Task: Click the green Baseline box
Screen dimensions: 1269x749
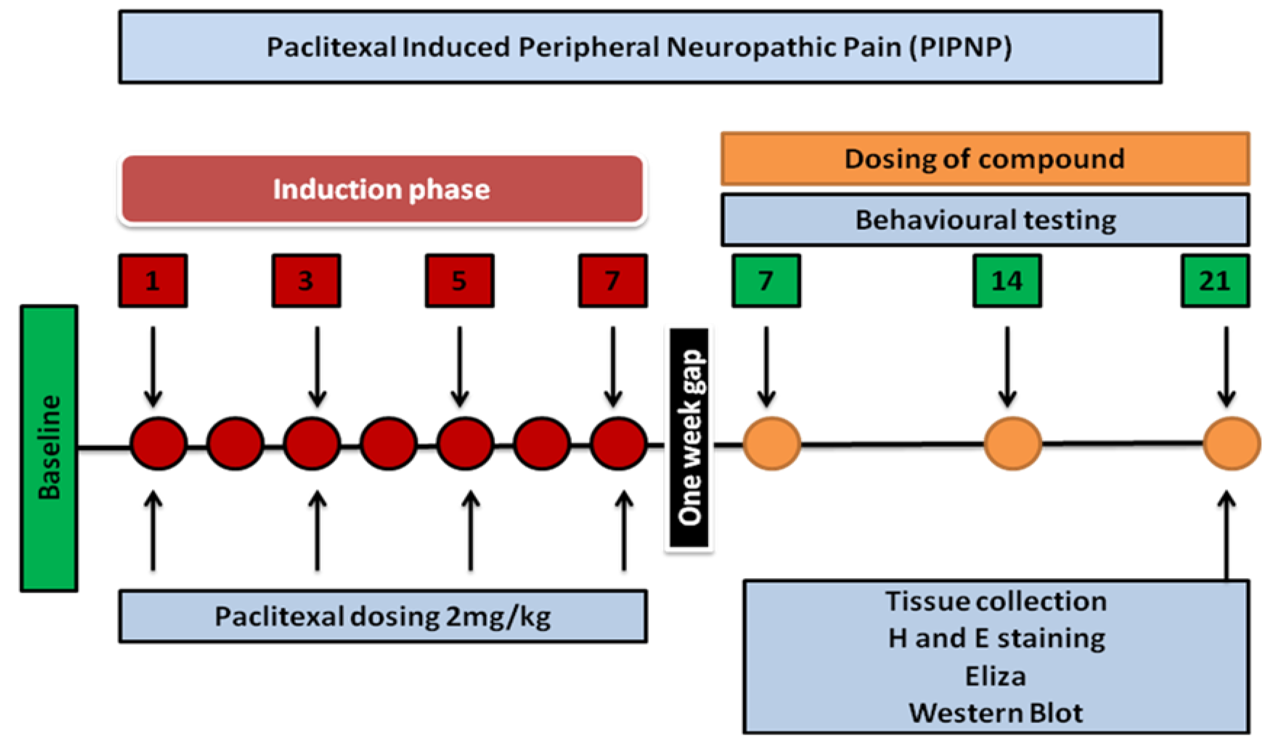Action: click(49, 448)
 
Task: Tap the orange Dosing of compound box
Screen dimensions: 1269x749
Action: click(985, 158)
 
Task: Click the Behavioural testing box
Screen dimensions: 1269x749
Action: click(985, 220)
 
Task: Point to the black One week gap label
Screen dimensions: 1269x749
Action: click(689, 438)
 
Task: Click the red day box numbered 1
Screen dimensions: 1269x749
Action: click(153, 281)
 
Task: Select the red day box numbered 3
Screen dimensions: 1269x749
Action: click(306, 281)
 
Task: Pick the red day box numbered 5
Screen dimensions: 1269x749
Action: click(459, 281)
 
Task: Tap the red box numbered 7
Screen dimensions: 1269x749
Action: click(613, 281)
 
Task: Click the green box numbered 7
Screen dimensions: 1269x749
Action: click(766, 281)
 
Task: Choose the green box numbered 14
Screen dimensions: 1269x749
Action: click(1007, 281)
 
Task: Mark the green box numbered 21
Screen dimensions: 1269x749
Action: click(1215, 281)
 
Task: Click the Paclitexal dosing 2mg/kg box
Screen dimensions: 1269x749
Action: click(383, 616)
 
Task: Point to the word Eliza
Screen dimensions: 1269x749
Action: click(995, 676)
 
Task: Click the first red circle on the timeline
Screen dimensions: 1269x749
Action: click(158, 444)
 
